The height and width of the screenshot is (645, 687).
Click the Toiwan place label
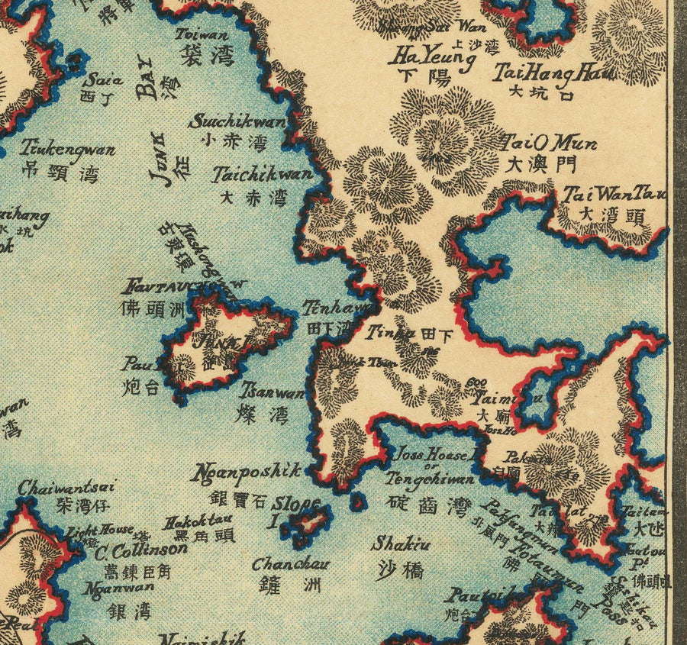tap(202, 34)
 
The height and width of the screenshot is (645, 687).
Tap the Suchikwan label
tap(237, 122)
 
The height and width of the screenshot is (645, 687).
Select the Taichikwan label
tap(263, 175)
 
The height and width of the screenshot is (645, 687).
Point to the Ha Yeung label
tap(426, 56)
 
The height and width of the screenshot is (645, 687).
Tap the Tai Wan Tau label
tap(614, 194)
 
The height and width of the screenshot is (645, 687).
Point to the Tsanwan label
tap(272, 393)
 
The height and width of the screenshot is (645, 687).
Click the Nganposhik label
tap(249, 472)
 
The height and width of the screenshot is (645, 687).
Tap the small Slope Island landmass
tap(311, 524)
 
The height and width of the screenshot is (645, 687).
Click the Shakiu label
tap(400, 544)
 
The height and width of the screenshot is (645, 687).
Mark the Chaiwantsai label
tap(66, 486)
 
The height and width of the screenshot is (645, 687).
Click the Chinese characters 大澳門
tap(540, 163)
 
